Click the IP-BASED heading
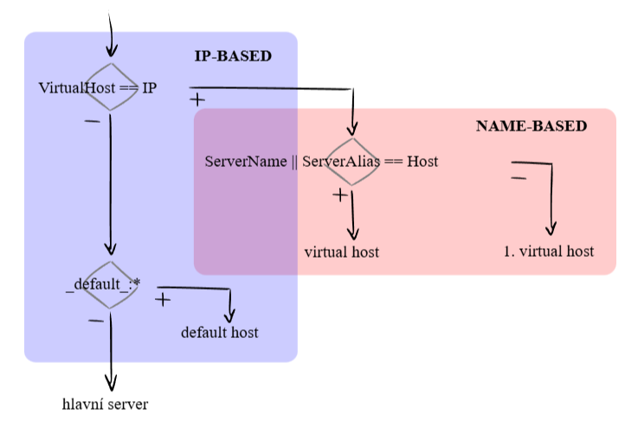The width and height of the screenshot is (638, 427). [x=233, y=56]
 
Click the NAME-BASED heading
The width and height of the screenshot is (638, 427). [x=532, y=126]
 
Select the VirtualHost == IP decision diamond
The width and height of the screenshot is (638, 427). [x=111, y=87]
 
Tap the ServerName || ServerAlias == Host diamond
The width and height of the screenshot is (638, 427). [x=352, y=162]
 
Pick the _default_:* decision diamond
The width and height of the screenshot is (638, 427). [x=111, y=284]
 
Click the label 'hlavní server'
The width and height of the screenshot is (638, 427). [x=105, y=404]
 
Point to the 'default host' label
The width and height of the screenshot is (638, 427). [x=219, y=332]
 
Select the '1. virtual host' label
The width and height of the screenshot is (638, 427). [x=548, y=252]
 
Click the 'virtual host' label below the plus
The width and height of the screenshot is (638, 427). [x=342, y=252]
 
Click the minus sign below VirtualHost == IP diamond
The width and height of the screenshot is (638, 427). [x=92, y=120]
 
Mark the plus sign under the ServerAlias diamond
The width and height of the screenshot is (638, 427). [x=340, y=195]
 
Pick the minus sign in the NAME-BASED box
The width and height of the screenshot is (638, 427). [x=519, y=178]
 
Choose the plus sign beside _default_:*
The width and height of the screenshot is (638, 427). [x=162, y=300]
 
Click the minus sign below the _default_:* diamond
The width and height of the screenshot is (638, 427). [x=95, y=320]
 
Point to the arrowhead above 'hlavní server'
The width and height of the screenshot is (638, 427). [x=111, y=384]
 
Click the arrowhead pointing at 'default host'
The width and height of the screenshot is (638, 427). [x=229, y=315]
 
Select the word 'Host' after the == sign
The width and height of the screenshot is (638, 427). [x=423, y=162]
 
